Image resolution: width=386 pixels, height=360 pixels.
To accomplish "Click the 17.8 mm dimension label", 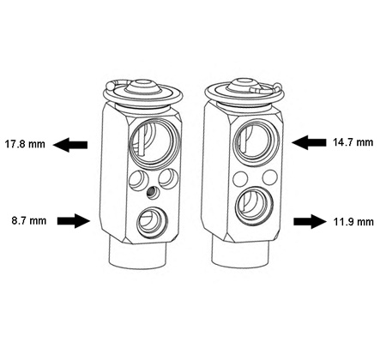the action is click(x=25, y=144).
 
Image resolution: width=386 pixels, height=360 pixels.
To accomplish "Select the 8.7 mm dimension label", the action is click(x=29, y=221).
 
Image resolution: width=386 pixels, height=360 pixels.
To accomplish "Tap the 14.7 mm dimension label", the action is click(x=353, y=142).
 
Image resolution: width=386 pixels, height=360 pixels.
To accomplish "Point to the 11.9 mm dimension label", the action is click(x=353, y=222).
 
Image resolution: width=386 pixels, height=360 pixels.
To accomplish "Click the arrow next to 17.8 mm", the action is click(x=70, y=145).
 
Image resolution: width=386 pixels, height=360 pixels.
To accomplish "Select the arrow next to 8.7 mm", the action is click(x=74, y=221).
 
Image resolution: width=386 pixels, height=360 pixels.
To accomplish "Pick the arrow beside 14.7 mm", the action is click(x=309, y=142).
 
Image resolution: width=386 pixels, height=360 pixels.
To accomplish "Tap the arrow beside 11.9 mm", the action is click(x=311, y=221).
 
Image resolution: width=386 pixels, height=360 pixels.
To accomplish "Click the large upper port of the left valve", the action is click(x=154, y=142).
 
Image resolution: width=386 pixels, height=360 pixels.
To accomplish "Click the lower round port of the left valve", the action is click(x=151, y=222).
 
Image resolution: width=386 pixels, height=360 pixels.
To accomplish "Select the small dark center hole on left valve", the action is click(x=152, y=192).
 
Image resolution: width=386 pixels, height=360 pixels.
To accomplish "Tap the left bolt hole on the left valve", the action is click(x=139, y=179).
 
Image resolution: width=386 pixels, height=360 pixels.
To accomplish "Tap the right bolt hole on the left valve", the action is click(x=168, y=178).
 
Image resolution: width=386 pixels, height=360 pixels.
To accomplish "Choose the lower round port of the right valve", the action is click(x=254, y=206).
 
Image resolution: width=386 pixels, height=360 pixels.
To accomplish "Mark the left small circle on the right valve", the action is click(x=240, y=178).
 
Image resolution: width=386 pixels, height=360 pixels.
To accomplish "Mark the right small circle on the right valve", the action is click(x=270, y=177).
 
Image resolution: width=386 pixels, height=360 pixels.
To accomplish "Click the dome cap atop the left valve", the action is click(x=143, y=87).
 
